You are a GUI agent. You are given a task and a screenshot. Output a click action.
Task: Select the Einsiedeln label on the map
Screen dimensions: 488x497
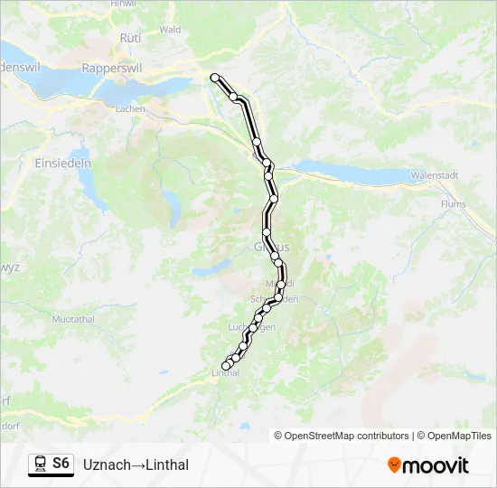63,163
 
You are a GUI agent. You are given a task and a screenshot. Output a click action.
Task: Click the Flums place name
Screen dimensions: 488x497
454,204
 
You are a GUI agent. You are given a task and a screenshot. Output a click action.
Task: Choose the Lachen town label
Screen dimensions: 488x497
130,108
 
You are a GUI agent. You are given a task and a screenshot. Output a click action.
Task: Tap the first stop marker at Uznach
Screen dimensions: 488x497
215,78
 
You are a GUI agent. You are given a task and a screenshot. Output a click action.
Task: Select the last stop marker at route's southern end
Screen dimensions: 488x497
226,366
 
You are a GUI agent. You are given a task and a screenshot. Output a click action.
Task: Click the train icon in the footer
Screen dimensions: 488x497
41,465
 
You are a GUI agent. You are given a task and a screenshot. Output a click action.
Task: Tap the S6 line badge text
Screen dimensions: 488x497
61,464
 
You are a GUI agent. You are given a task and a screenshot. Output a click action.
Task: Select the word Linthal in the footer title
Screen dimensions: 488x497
165,465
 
